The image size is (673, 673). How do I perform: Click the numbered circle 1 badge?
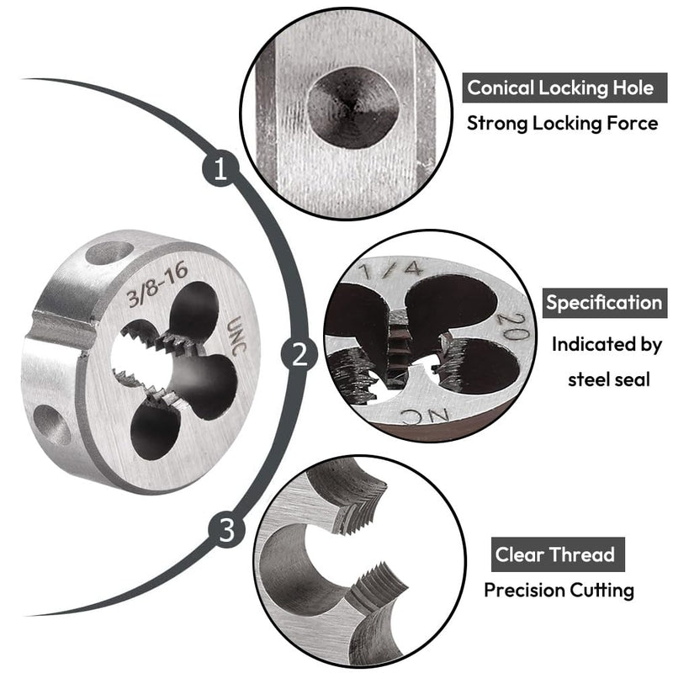coord(220,168)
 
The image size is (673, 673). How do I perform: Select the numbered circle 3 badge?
coord(226,529)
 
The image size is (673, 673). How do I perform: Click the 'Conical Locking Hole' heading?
coord(560,88)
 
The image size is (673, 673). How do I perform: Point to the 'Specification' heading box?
coord(605,303)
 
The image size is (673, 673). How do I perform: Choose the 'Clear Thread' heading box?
coord(558,554)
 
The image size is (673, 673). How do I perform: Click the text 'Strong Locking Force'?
coord(562,124)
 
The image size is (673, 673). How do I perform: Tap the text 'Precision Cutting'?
coord(559,591)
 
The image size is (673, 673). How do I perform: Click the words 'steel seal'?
coord(608,380)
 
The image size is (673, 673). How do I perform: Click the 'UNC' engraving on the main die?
coord(237,335)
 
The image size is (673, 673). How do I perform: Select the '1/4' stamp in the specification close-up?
coord(392,269)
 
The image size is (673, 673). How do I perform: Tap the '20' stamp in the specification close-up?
coord(514,326)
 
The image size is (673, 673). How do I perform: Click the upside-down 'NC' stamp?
coord(426,416)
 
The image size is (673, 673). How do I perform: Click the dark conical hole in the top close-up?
coord(353,108)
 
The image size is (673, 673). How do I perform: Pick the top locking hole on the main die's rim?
coord(109,252)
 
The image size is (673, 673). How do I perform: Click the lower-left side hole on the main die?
coord(51,425)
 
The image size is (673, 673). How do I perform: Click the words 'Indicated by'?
coord(607,345)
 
